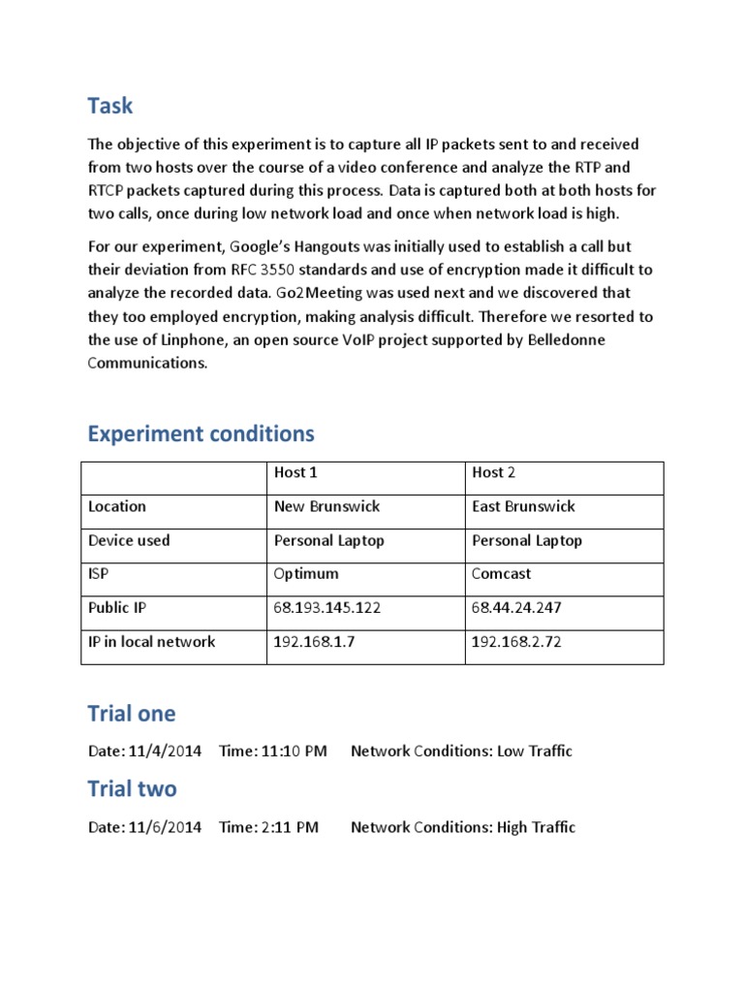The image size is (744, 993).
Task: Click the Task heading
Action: (109, 106)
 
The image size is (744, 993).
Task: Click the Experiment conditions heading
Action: (201, 432)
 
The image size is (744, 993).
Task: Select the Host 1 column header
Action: (295, 472)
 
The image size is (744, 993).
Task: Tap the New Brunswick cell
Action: (326, 506)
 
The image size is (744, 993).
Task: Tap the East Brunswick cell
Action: (523, 506)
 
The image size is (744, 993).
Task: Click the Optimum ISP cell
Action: (306, 573)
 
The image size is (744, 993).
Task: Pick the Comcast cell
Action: (501, 573)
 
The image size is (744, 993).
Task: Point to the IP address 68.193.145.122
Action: (326, 607)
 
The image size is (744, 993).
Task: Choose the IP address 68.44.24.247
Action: (516, 607)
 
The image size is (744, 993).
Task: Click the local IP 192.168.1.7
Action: (314, 641)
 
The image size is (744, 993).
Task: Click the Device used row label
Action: (129, 540)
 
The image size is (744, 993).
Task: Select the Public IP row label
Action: (117, 607)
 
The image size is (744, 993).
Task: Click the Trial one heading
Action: (132, 714)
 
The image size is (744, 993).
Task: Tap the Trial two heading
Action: (132, 789)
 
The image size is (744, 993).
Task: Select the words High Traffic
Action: (536, 827)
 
